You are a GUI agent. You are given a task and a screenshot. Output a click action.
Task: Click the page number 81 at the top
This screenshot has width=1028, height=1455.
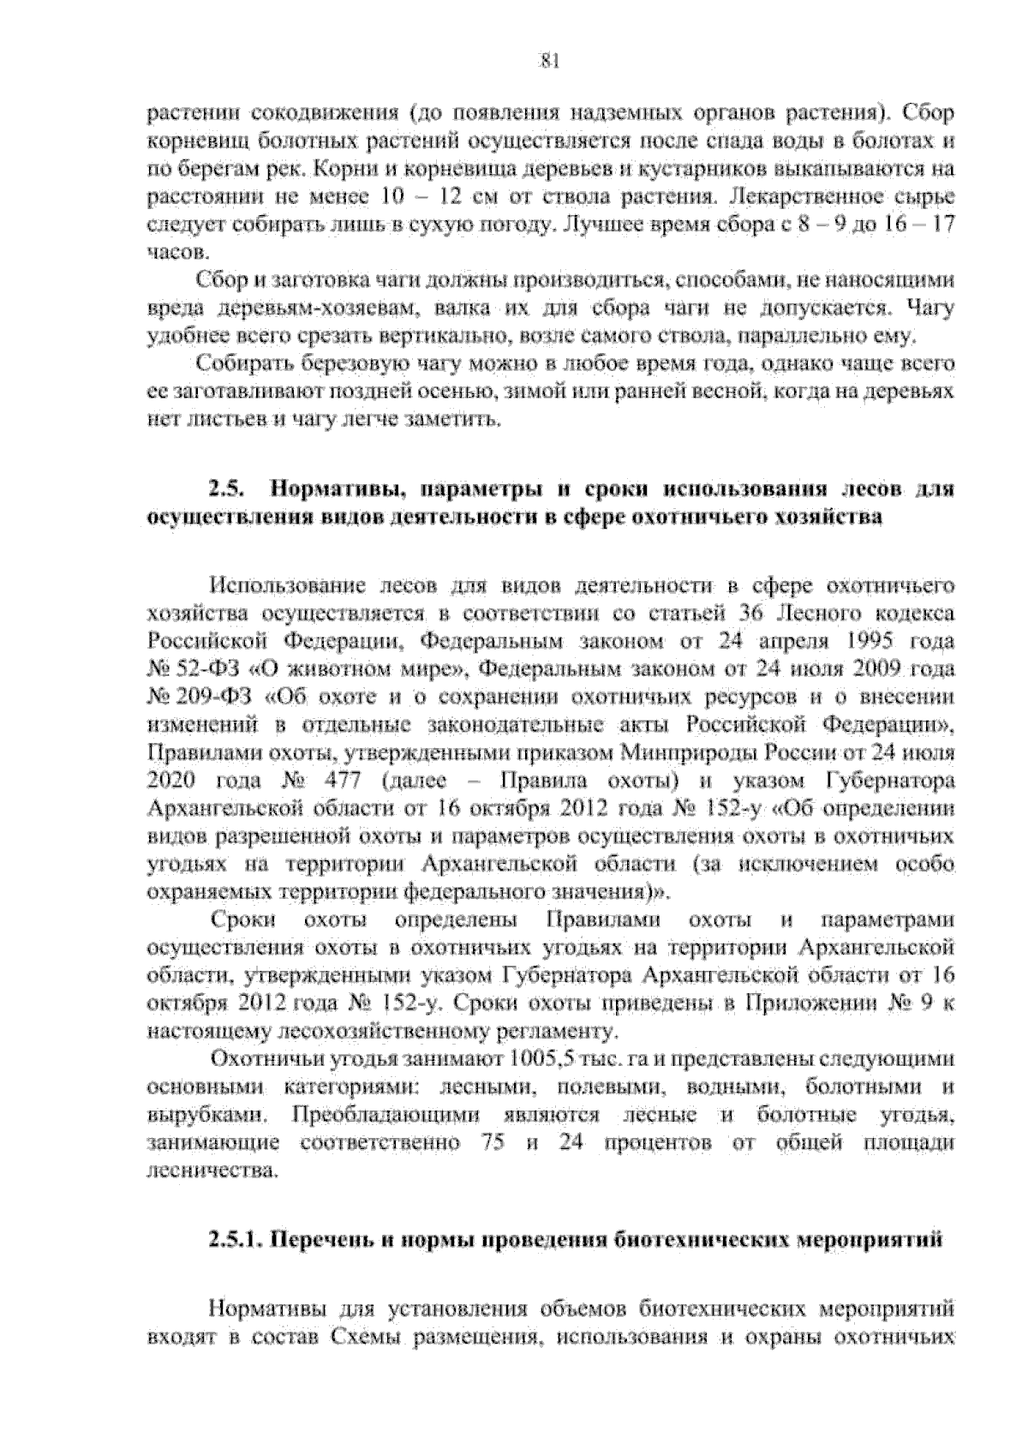coord(549,60)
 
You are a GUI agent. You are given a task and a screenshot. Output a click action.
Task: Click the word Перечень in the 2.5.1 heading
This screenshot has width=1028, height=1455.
coord(322,1240)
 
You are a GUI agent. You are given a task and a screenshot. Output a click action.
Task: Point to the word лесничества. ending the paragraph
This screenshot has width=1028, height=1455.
coord(213,1171)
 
